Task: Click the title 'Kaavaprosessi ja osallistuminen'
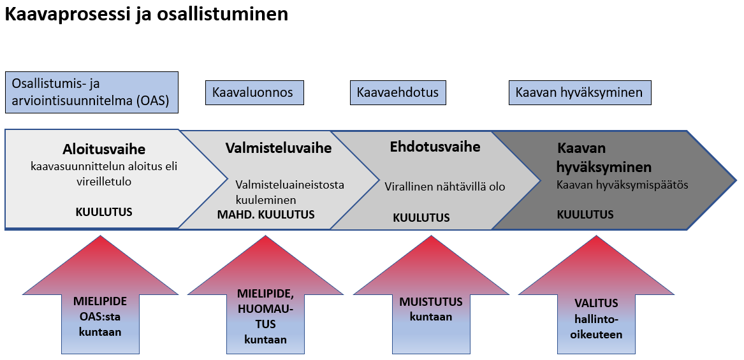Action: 146,14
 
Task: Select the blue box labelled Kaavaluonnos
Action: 254,92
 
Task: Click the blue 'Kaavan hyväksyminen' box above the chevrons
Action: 580,92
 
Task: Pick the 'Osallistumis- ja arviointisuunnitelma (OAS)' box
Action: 92,92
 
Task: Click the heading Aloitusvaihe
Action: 104,149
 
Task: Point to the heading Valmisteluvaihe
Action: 279,148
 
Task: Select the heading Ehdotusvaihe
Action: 435,147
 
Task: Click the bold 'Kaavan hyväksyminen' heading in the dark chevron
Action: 604,157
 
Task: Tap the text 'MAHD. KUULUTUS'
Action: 266,214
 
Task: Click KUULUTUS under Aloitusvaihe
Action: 104,212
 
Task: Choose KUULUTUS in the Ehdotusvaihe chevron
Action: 421,218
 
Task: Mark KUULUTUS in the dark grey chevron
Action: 585,214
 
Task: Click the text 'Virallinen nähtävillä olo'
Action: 444,187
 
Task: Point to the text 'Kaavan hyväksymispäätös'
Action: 622,185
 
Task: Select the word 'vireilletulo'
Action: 104,182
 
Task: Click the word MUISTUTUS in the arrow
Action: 431,301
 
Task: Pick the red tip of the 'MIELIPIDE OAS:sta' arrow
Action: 100,236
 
